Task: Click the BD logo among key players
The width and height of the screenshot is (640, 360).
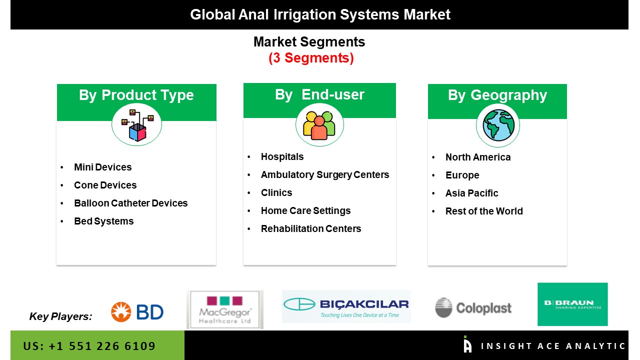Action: [x=137, y=311]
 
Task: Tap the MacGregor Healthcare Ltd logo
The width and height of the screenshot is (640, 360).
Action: [x=225, y=309]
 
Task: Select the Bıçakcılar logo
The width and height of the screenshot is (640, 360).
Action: [x=346, y=306]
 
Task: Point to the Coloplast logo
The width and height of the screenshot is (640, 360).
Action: [x=473, y=307]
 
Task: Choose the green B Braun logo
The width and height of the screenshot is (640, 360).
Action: [x=572, y=304]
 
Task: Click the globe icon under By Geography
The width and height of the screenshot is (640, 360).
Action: [x=498, y=125]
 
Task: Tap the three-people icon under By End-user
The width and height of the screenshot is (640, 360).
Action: [x=319, y=125]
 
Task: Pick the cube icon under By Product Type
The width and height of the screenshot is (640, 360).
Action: [x=137, y=125]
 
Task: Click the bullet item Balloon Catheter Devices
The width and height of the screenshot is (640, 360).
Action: [x=131, y=203]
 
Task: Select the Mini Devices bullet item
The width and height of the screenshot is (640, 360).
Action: [x=103, y=167]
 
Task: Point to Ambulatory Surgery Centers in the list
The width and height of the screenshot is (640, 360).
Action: [x=325, y=174]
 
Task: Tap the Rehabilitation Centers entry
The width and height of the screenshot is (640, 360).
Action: [x=311, y=228]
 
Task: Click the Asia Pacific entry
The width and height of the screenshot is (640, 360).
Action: [x=471, y=193]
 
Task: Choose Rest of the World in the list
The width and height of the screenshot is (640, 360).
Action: [x=484, y=211]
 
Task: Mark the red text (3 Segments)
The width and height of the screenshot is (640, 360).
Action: [x=311, y=58]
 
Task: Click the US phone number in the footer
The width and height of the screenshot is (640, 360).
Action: [x=89, y=346]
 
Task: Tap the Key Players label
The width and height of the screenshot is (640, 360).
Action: [x=60, y=316]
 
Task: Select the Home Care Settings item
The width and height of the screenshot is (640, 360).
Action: [x=305, y=211]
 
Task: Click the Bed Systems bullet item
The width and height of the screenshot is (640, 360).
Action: [x=103, y=221]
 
